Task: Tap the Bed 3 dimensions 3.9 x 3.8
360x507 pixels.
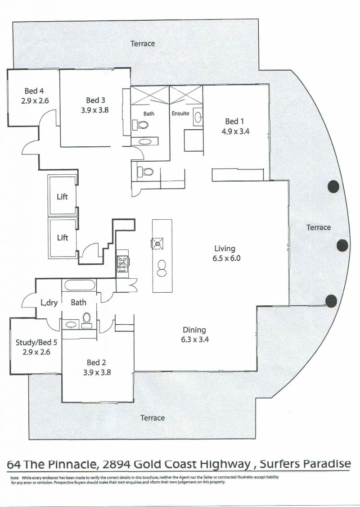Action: click(x=95, y=110)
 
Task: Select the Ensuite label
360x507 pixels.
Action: click(x=180, y=113)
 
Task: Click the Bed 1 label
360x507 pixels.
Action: click(x=234, y=122)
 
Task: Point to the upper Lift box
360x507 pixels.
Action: click(x=63, y=195)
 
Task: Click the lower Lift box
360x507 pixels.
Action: click(x=63, y=238)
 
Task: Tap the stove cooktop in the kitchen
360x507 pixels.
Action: click(x=123, y=263)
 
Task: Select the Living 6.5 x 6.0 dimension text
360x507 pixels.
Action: click(x=226, y=258)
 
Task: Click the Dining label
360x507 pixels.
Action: click(x=194, y=330)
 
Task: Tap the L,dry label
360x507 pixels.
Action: click(x=49, y=303)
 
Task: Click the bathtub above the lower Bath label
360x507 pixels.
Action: click(x=80, y=285)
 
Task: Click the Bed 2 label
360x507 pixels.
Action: click(x=96, y=363)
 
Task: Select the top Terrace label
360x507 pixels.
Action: click(x=143, y=43)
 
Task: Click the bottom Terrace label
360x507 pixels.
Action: click(x=153, y=418)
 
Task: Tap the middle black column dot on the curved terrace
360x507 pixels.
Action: click(x=342, y=245)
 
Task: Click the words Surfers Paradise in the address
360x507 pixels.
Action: click(x=305, y=464)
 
